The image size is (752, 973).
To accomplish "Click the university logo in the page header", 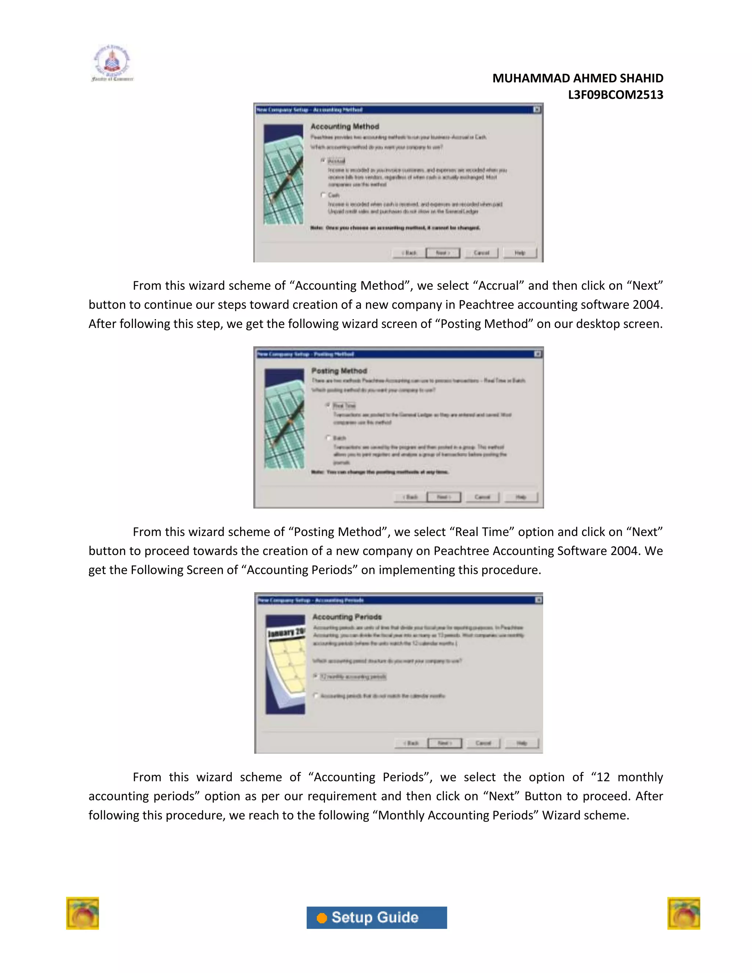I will pyautogui.click(x=112, y=63).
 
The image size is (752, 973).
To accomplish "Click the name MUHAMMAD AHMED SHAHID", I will pyautogui.click(x=577, y=79).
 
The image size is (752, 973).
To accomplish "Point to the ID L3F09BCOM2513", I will pyautogui.click(x=615, y=95).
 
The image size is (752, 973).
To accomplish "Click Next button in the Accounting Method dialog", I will pyautogui.click(x=442, y=253).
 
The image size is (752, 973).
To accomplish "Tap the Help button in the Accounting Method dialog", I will pyautogui.click(x=520, y=253).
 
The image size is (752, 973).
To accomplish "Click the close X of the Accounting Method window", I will pyautogui.click(x=537, y=109).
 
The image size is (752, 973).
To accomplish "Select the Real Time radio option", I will pyautogui.click(x=328, y=405).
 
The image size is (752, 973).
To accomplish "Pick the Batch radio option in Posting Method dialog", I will pyautogui.click(x=328, y=438).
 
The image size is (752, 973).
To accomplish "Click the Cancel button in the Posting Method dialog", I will pyautogui.click(x=482, y=497).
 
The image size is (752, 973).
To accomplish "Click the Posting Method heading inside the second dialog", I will pyautogui.click(x=339, y=371).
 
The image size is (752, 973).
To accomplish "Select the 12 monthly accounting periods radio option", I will pyautogui.click(x=315, y=676).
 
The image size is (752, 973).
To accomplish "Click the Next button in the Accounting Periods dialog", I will pyautogui.click(x=444, y=743).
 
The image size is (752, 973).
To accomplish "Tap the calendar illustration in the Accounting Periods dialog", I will pyautogui.click(x=286, y=664).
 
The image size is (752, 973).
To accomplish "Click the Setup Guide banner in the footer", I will pyautogui.click(x=376, y=917).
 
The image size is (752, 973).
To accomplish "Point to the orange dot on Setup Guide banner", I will pyautogui.click(x=322, y=918).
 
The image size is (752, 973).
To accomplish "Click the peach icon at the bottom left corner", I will pyautogui.click(x=82, y=913).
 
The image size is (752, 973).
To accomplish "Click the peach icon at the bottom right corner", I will pyautogui.click(x=683, y=913).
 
